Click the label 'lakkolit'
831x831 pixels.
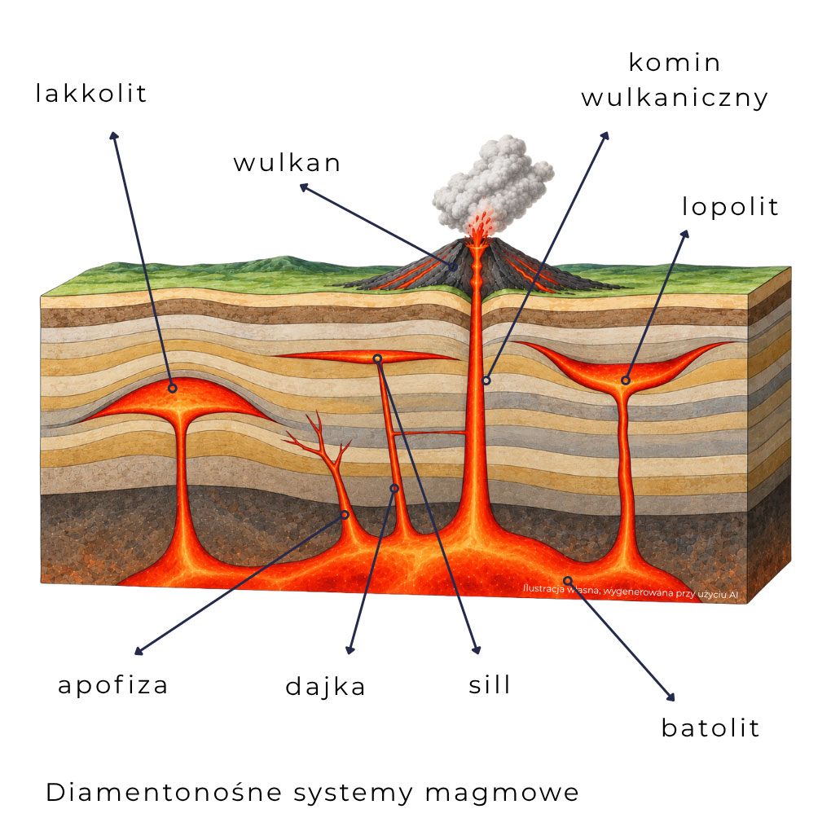pos(90,93)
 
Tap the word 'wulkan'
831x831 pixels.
pos(287,163)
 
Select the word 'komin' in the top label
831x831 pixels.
pos(674,63)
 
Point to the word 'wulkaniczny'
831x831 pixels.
pos(674,98)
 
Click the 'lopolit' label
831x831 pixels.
pos(730,206)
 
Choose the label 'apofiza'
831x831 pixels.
pos(113,684)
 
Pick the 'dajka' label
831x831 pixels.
pos(325,687)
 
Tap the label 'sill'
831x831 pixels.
pos(490,684)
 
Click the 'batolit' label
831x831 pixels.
pos(710,728)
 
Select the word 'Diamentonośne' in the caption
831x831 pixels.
pos(164,793)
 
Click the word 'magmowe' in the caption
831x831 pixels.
pos(501,794)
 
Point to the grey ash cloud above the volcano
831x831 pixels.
pos(493,183)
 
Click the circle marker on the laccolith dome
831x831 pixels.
pos(172,389)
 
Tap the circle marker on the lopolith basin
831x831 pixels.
pos(626,380)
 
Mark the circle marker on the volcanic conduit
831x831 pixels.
pos(486,380)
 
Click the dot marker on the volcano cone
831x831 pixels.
pos(453,267)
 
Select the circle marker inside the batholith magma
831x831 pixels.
pos(567,580)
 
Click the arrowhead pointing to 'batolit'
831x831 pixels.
pos(671,697)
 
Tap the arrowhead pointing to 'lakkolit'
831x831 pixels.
pos(113,136)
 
